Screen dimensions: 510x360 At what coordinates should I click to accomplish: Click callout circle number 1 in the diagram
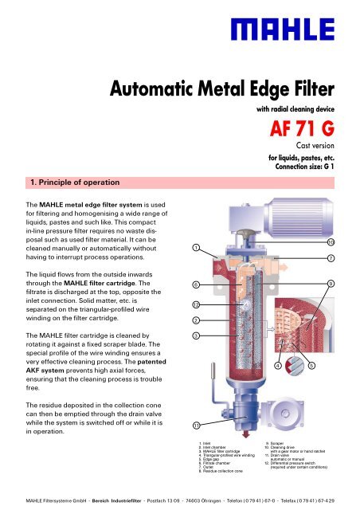point(196,248)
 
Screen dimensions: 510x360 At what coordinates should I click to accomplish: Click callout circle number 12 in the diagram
point(196,304)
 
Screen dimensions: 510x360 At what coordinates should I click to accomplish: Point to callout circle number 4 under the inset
point(277,366)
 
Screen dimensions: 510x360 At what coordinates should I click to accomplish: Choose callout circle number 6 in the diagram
point(196,284)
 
